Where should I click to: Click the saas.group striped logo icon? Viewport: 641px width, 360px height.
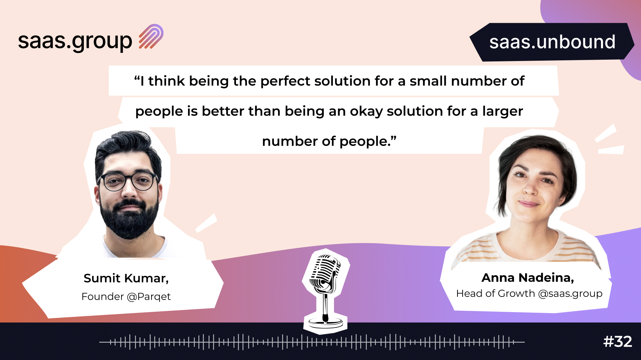(x=151, y=37)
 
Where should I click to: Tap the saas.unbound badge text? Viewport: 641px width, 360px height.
(x=552, y=42)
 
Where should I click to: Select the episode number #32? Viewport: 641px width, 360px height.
(x=618, y=342)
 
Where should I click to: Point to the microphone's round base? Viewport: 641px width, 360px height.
(x=325, y=323)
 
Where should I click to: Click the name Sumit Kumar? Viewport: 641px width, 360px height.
(x=126, y=278)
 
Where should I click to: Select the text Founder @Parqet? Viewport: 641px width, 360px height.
(x=126, y=297)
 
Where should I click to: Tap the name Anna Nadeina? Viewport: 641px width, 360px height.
(x=527, y=278)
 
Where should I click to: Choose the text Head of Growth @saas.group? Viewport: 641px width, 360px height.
(x=529, y=293)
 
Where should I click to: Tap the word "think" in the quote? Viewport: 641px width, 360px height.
(x=167, y=81)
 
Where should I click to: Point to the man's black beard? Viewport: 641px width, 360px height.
(x=129, y=221)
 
